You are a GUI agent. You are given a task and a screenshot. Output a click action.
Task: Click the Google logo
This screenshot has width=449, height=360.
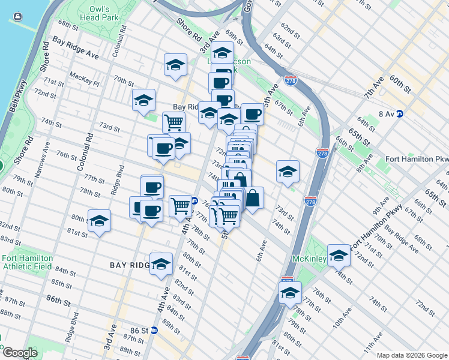pyautogui.click(x=20, y=353)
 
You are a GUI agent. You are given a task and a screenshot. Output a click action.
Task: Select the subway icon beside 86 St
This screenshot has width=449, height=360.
pyautogui.click(x=154, y=330)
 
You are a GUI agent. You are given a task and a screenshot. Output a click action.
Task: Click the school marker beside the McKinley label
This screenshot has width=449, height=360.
pyautogui.click(x=339, y=255)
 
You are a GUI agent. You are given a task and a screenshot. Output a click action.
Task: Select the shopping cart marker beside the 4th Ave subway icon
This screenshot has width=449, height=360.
pyautogui.click(x=180, y=206)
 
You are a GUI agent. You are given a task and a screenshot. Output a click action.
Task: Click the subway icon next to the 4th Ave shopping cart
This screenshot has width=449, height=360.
pyautogui.click(x=194, y=201)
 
